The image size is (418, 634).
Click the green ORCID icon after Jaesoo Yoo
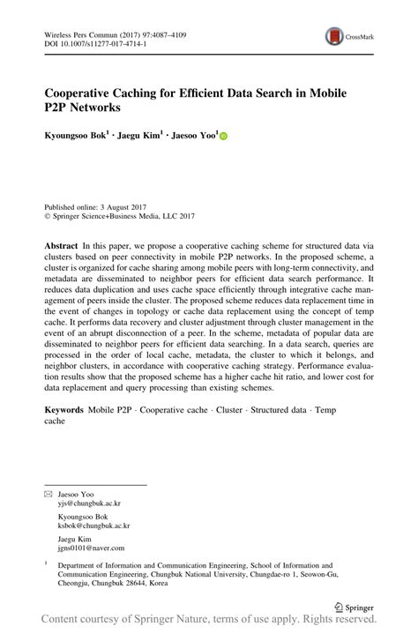[223, 138]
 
